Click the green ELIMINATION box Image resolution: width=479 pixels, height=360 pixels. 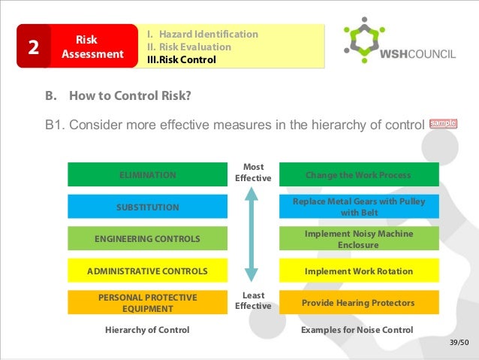(x=147, y=175)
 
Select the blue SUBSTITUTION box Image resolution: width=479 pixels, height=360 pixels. (x=147, y=207)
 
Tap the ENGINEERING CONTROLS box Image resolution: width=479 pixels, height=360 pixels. (x=147, y=239)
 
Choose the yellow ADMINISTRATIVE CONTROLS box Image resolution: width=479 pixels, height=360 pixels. (x=147, y=271)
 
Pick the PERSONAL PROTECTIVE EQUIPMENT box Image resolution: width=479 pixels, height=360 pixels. (x=147, y=303)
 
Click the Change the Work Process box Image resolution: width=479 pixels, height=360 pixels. (x=357, y=175)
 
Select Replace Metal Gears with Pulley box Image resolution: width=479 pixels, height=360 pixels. (x=357, y=207)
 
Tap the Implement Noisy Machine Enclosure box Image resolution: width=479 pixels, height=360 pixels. (x=357, y=239)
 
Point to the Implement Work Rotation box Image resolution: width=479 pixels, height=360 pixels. (x=357, y=271)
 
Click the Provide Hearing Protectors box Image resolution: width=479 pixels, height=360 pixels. (x=357, y=303)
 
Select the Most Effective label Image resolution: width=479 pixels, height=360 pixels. (x=252, y=173)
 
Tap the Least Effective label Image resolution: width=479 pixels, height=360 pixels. (x=252, y=301)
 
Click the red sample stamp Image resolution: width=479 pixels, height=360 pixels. (x=443, y=123)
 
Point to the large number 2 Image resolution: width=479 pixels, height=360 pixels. (x=33, y=47)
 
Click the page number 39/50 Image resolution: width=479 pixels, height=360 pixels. (x=458, y=343)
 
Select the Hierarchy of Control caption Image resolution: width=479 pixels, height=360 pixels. (x=147, y=330)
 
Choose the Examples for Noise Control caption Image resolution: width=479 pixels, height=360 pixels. (x=357, y=330)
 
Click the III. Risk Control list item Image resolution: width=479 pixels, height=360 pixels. (x=181, y=59)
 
